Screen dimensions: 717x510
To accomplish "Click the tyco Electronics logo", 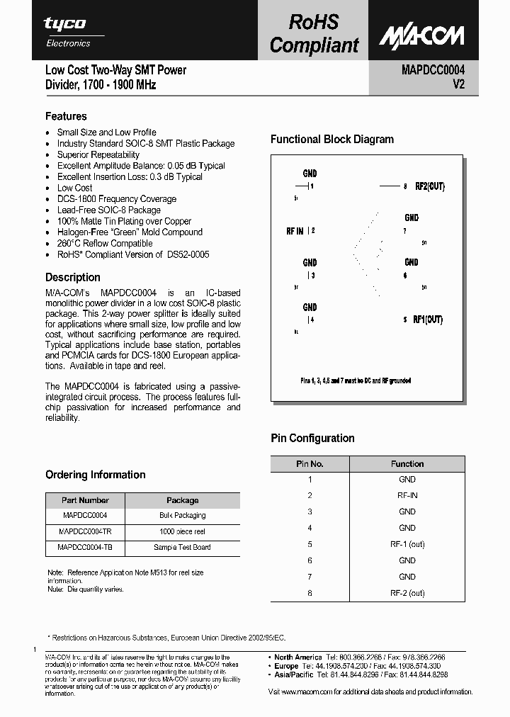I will click(67, 31).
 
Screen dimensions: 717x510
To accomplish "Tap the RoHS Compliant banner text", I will click(314, 34).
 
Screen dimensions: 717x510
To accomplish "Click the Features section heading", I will click(66, 116).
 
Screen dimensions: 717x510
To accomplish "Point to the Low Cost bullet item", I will click(74, 188).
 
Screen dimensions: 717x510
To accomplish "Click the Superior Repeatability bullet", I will click(98, 154).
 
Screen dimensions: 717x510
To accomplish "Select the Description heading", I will click(73, 278).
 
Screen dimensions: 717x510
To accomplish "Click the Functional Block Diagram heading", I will click(331, 140).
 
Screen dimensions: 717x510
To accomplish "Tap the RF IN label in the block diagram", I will click(295, 231).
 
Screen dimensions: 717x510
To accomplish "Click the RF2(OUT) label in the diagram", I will click(429, 186).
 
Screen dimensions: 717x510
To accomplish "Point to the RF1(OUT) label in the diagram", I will click(428, 320).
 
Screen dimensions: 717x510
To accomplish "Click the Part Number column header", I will click(85, 500).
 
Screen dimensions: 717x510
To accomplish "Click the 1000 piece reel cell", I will click(182, 531).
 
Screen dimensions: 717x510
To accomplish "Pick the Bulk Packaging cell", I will click(182, 516).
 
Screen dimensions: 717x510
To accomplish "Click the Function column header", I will click(407, 464).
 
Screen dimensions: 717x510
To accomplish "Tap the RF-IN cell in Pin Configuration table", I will click(407, 495).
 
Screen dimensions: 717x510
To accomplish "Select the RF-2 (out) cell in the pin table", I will click(407, 593).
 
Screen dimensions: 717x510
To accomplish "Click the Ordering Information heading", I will click(95, 475).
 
